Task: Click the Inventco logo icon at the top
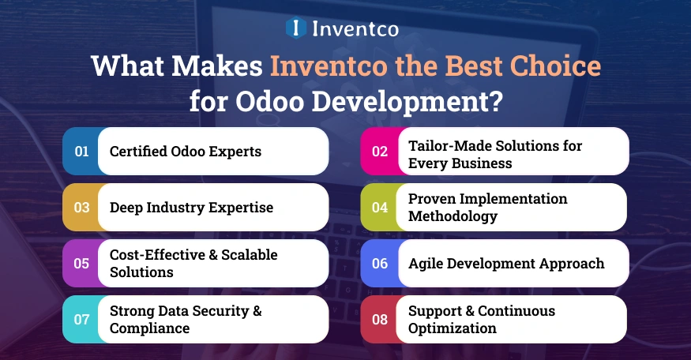pyautogui.click(x=295, y=29)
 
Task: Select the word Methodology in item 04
pyautogui.click(x=453, y=216)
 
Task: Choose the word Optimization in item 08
pyautogui.click(x=453, y=328)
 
